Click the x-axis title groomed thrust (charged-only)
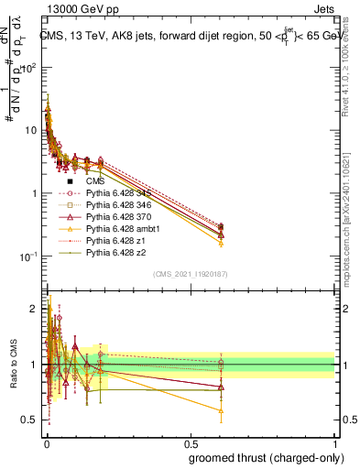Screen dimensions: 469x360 point(272,457)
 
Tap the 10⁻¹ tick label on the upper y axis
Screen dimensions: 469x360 point(27,257)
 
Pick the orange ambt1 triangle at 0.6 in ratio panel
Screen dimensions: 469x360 point(222,410)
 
